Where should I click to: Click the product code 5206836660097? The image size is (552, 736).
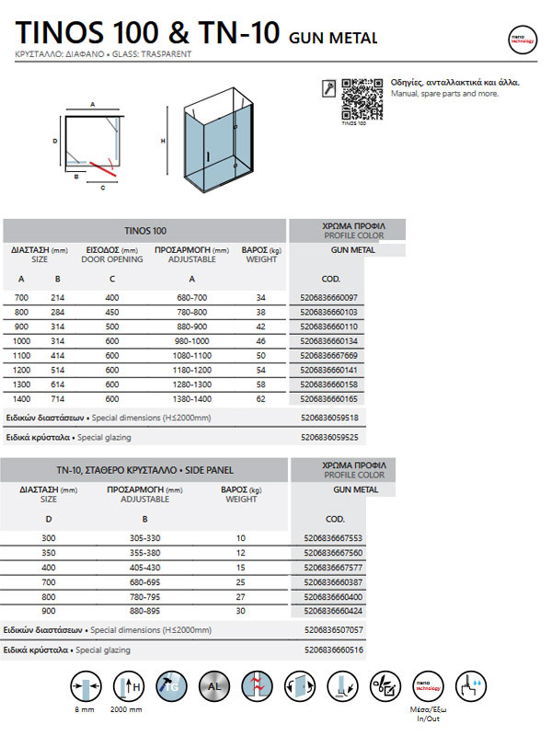[328, 297]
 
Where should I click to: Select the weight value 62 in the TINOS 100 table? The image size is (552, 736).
[260, 398]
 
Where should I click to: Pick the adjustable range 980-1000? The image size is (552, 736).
[191, 340]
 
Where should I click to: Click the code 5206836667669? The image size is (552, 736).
[328, 355]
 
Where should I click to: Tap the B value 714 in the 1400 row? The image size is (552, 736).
[58, 398]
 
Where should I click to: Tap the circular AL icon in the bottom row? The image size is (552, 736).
[214, 685]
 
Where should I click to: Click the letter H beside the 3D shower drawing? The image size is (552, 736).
[163, 142]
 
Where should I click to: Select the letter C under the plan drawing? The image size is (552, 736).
[103, 188]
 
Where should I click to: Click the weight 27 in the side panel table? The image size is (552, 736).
[241, 595]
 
